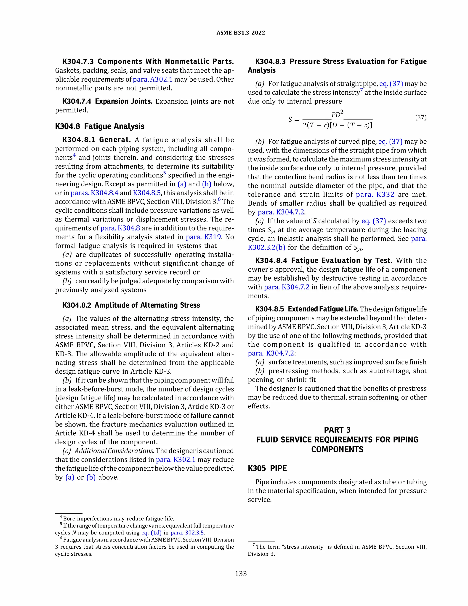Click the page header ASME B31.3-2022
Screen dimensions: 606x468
point(240,33)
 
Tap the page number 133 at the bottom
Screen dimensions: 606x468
point(241,574)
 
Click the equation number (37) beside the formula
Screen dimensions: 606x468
point(421,117)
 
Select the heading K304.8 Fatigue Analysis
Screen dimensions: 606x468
point(100,126)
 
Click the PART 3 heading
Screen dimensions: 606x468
point(337,430)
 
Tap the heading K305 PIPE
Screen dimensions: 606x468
point(267,468)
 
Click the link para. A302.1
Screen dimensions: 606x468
point(152,79)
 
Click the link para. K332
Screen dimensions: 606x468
point(375,195)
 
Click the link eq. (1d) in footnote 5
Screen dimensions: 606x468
point(151,533)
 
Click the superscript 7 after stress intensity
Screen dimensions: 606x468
point(362,90)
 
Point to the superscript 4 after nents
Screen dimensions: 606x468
point(74,155)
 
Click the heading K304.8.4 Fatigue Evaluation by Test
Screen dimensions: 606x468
point(324,260)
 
